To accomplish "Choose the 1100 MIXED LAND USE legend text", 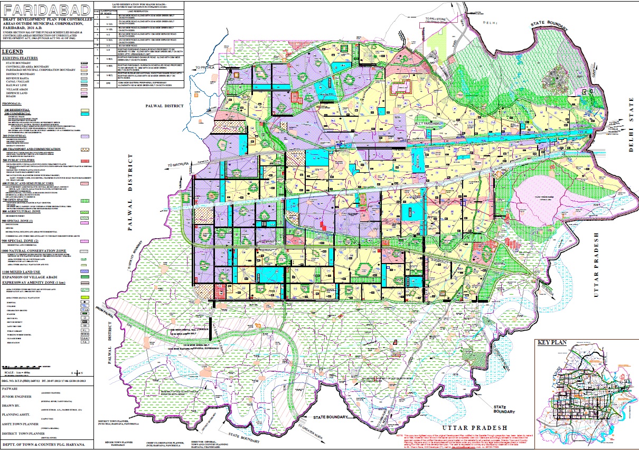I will pos(24,271).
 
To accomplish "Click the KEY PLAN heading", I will pos(552,342).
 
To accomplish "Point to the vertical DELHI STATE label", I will pos(632,121).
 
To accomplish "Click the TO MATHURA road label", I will pos(177,166).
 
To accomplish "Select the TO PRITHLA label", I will pos(205,68).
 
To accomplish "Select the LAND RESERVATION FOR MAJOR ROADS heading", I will pos(139,4).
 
